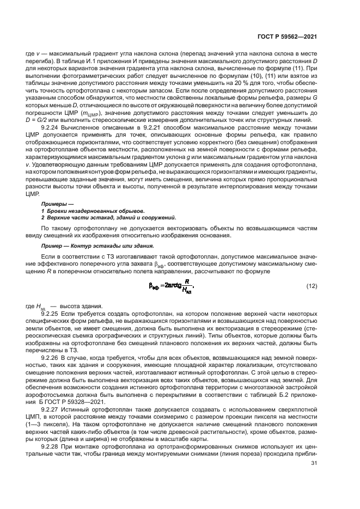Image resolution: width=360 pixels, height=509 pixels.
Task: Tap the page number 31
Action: tap(314, 463)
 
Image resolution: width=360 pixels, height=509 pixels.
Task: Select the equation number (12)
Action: tap(311, 285)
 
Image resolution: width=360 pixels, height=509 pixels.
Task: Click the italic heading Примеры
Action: tap(56, 204)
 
